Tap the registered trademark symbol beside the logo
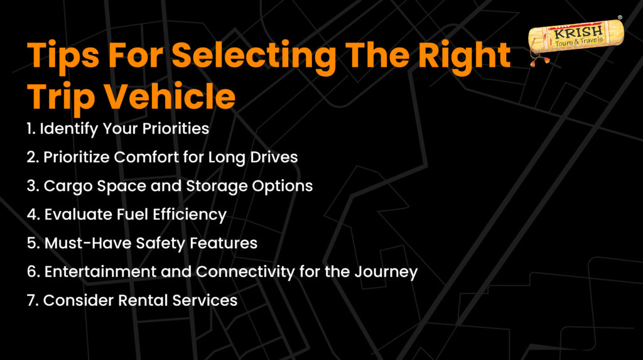(620, 18)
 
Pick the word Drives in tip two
(274, 157)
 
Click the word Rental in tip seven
(143, 300)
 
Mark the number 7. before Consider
(33, 300)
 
